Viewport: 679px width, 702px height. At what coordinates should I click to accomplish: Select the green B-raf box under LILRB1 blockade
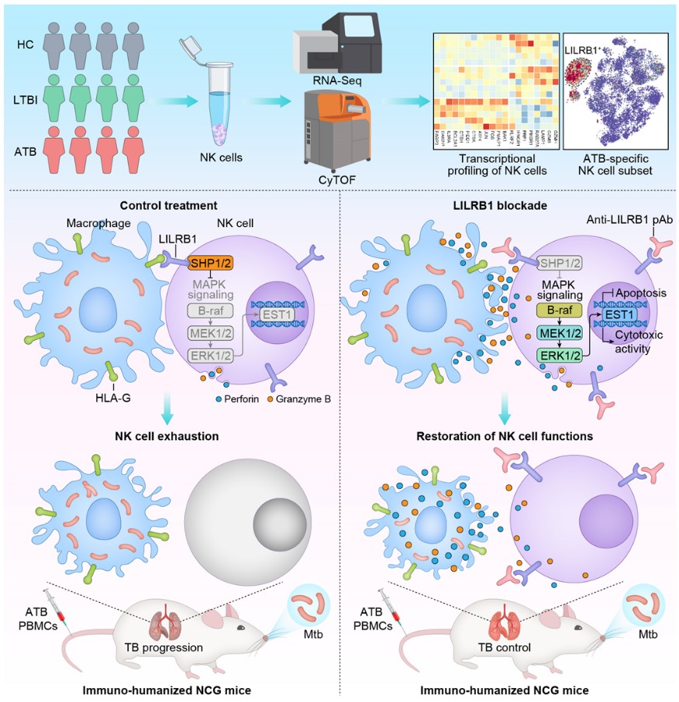[x=553, y=310]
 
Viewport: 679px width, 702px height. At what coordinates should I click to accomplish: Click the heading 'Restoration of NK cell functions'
[x=506, y=436]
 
